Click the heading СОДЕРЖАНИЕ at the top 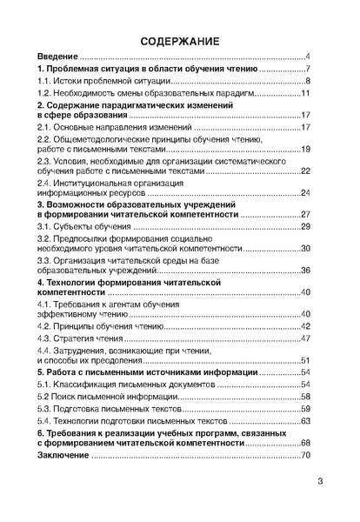(180, 40)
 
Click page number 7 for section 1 (308, 70)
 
